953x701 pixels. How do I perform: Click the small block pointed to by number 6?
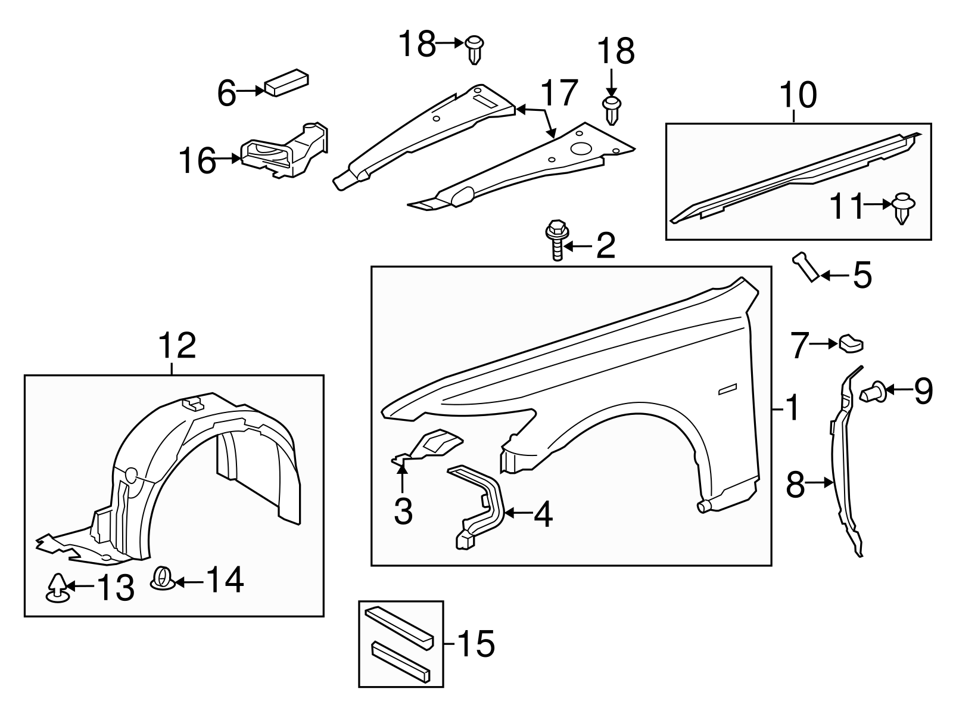tap(286, 83)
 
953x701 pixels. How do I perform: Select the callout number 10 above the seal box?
tap(798, 96)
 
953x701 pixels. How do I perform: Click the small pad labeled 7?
tap(851, 343)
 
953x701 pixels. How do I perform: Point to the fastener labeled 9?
tap(873, 392)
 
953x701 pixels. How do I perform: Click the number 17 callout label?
tap(559, 93)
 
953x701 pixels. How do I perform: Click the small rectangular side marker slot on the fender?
tap(727, 389)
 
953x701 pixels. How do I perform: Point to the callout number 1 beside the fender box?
tap(791, 409)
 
